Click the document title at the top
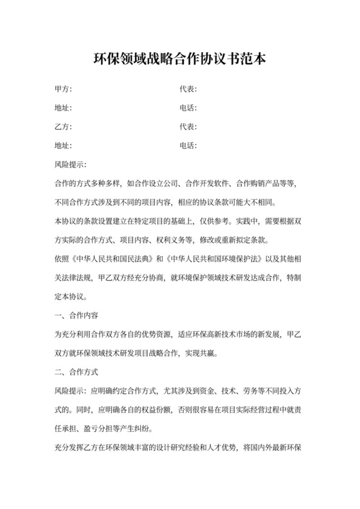179,58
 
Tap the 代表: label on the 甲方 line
188,89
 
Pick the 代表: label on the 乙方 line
188,126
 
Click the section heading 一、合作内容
78,316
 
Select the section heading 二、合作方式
78,372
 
